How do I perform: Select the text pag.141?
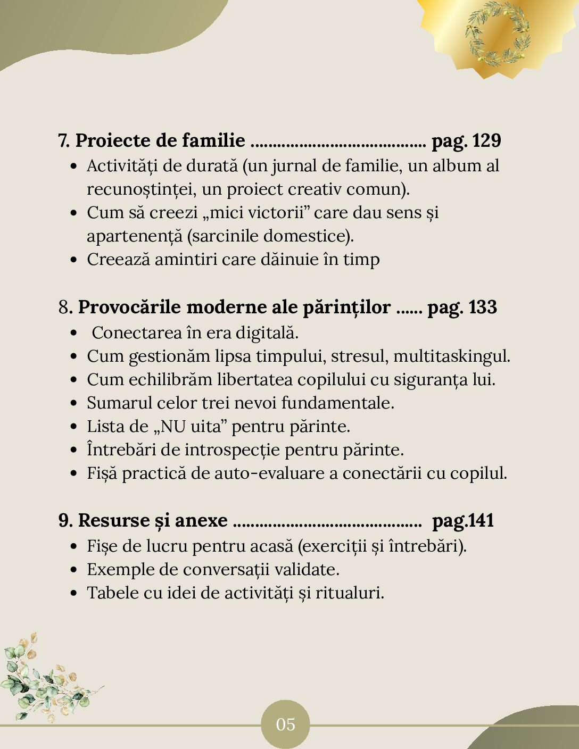[463, 520]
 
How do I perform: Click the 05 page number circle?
[285, 724]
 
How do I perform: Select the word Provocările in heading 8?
[130, 307]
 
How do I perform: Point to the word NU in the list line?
[173, 427]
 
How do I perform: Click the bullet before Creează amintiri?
[75, 260]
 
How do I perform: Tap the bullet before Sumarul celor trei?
[75, 403]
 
